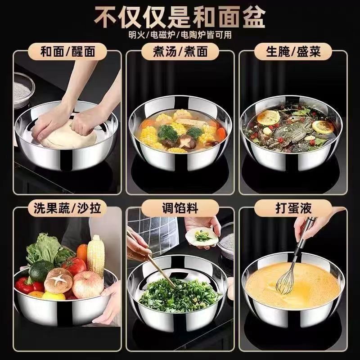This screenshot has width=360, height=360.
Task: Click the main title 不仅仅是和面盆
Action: coord(180,17)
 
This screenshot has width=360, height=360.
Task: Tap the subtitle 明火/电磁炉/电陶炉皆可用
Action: coord(180,35)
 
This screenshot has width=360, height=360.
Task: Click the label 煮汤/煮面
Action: coord(180,51)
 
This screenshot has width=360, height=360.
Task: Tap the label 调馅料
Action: coord(180,209)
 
